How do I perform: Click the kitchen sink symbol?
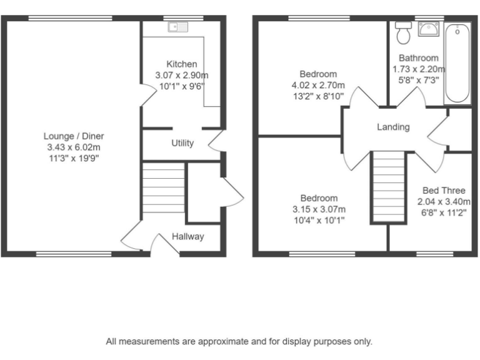click(178, 27)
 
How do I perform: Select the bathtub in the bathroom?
click(457, 63)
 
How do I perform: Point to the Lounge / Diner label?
click(74, 136)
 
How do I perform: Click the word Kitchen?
click(182, 64)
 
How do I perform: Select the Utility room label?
click(182, 143)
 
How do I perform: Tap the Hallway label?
click(188, 236)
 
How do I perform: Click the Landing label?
click(393, 127)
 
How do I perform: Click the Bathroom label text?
click(419, 57)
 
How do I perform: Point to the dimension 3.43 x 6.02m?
click(74, 147)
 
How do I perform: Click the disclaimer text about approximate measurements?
click(239, 341)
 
